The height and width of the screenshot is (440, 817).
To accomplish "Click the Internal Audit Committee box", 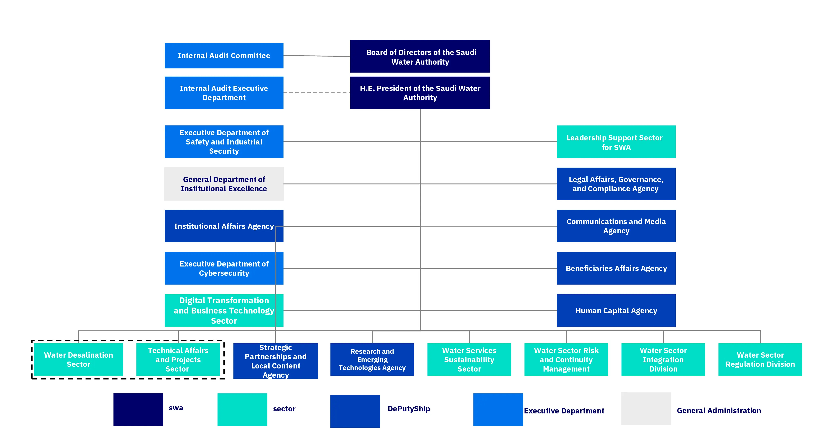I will pyautogui.click(x=224, y=56).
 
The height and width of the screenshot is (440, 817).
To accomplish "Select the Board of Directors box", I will pyautogui.click(x=420, y=56).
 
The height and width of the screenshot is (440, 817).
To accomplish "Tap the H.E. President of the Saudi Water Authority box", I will pyautogui.click(x=420, y=93).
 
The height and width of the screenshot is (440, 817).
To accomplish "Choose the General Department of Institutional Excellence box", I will pyautogui.click(x=224, y=184).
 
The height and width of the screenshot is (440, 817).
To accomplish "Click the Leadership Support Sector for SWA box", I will pyautogui.click(x=616, y=142).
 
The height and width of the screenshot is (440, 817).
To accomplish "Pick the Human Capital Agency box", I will pyautogui.click(x=616, y=311).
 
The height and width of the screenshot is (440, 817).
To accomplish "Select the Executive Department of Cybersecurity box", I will pyautogui.click(x=224, y=268).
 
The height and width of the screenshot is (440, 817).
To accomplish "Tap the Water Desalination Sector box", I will pyautogui.click(x=78, y=360).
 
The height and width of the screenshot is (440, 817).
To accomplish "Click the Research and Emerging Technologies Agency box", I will pyautogui.click(x=372, y=360).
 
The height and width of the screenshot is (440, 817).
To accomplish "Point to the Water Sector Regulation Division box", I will pyautogui.click(x=760, y=360).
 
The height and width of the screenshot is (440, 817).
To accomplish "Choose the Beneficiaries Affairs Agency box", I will pyautogui.click(x=616, y=268).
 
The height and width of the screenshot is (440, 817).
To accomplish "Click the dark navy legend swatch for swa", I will pyautogui.click(x=138, y=410).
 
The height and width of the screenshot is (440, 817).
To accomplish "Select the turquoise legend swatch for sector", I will pyautogui.click(x=242, y=410).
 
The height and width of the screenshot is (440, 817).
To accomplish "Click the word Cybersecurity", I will pyautogui.click(x=224, y=273).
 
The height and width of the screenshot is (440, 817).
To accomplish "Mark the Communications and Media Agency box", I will pyautogui.click(x=616, y=226).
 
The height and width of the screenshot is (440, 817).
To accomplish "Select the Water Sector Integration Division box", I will pyautogui.click(x=663, y=360).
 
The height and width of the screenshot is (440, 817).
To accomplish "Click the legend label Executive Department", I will pyautogui.click(x=564, y=411).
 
